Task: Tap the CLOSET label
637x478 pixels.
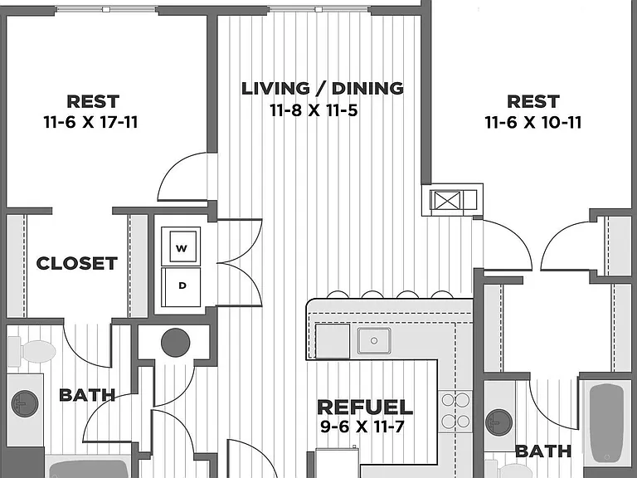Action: coord(77,263)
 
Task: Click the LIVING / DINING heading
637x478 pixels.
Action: coord(323,89)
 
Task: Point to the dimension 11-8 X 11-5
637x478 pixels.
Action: coord(314,110)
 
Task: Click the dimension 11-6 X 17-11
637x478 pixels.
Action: coord(90,122)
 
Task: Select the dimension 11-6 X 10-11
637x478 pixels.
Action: coord(533,122)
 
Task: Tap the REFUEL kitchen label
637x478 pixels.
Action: coord(365,407)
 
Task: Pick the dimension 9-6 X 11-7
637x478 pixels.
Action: coord(362,427)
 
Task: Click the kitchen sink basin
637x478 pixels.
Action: coord(374,340)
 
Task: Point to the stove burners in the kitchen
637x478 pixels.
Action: coord(455,411)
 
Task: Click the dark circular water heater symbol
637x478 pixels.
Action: coord(176,343)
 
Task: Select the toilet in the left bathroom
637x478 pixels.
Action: coord(32,351)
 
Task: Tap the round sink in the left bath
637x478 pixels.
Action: coord(25,403)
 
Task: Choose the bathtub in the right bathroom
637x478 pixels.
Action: coord(606,423)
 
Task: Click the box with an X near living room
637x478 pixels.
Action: coord(445,200)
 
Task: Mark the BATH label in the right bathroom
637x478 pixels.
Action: coord(543,451)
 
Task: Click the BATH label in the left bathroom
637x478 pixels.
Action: coord(87,395)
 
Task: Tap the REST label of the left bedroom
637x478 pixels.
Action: coord(93,101)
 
